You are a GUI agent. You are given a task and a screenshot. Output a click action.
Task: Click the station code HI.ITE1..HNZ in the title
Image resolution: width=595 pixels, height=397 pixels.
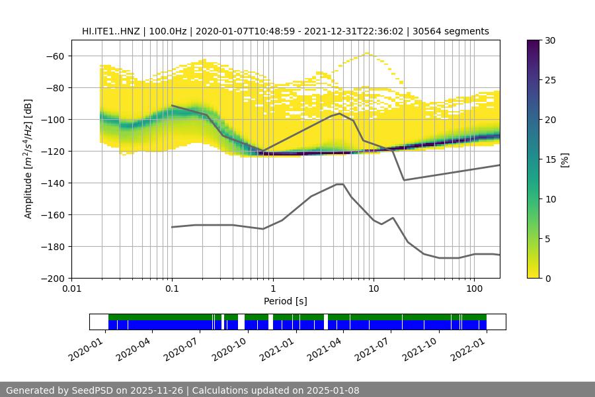coord(111,31)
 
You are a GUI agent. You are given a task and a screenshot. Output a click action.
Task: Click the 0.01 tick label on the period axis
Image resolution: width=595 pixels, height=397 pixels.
coord(71,289)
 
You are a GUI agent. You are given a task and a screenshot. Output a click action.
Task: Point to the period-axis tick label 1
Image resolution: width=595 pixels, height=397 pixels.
coord(273,289)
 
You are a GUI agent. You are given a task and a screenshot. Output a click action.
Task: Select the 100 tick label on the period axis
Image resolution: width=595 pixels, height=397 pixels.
coord(474,289)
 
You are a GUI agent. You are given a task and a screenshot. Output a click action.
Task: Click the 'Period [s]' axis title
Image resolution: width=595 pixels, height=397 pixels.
coord(286,301)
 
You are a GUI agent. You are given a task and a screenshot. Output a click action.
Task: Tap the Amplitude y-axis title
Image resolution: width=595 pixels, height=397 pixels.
coord(28,159)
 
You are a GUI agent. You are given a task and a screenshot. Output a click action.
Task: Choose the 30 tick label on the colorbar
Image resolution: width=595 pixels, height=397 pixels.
coord(550,40)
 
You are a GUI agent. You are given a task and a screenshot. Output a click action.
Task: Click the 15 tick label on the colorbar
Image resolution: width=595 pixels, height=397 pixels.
coord(550,159)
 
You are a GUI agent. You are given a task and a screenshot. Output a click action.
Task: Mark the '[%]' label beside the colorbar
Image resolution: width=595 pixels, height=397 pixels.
coord(565,159)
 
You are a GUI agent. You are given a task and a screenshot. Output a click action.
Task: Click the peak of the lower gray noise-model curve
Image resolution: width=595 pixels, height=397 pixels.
coord(340,184)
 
